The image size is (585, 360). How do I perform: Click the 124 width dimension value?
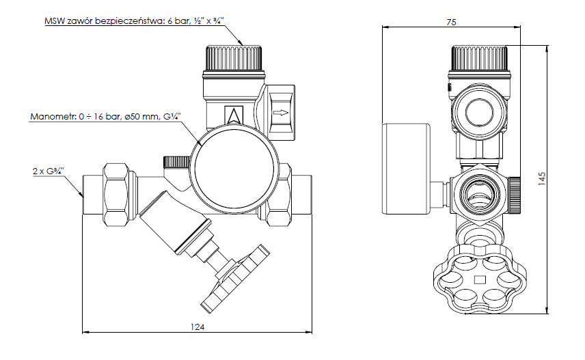click(197, 327)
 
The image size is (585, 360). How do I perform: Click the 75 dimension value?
click(450, 23)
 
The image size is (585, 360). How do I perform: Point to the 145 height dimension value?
click(541, 179)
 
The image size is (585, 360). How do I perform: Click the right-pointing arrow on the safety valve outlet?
click(280, 113)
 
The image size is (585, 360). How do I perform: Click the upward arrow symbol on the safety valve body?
click(234, 115)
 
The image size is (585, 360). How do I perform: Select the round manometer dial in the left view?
click(236, 169)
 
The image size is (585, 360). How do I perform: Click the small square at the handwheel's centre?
click(479, 278)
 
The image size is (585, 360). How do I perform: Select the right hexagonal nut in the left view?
click(281, 194)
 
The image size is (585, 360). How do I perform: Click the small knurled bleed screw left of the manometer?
click(175, 162)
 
